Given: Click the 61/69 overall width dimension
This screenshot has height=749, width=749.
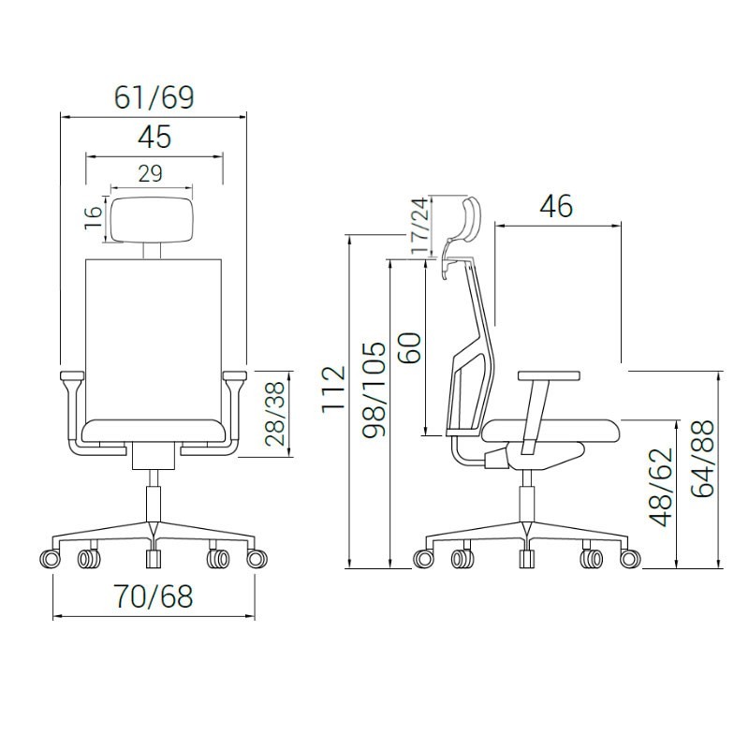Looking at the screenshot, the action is click(x=154, y=97).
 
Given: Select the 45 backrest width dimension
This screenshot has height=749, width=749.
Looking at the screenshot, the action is click(x=154, y=137).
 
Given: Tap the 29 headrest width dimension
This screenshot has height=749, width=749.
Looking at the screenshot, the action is click(x=151, y=173).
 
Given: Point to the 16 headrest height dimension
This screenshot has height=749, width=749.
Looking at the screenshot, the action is click(x=94, y=217).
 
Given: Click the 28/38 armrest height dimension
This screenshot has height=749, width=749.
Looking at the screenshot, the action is click(x=275, y=414).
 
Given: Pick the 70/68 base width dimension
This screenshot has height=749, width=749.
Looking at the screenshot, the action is click(x=153, y=596).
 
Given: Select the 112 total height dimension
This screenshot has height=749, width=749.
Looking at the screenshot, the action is click(x=333, y=389).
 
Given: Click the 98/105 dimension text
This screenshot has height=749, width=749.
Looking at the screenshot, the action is click(x=374, y=389).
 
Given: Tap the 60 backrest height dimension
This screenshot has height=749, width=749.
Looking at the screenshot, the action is click(x=410, y=347).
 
